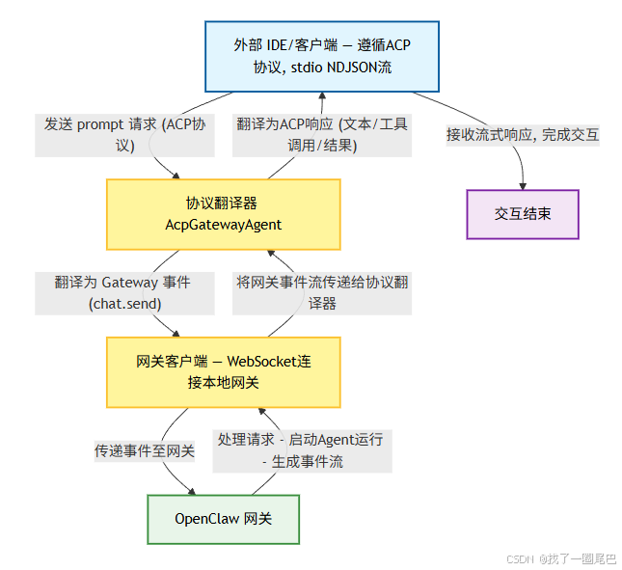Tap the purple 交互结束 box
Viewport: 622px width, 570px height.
[523, 213]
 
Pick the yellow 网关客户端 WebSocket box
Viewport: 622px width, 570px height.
[223, 371]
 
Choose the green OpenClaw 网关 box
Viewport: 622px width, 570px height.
[223, 519]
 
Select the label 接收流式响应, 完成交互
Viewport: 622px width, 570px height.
[522, 135]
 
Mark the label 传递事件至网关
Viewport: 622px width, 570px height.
[145, 450]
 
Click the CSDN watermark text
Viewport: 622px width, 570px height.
[520, 558]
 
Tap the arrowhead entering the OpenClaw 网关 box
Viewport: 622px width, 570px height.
[189, 490]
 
